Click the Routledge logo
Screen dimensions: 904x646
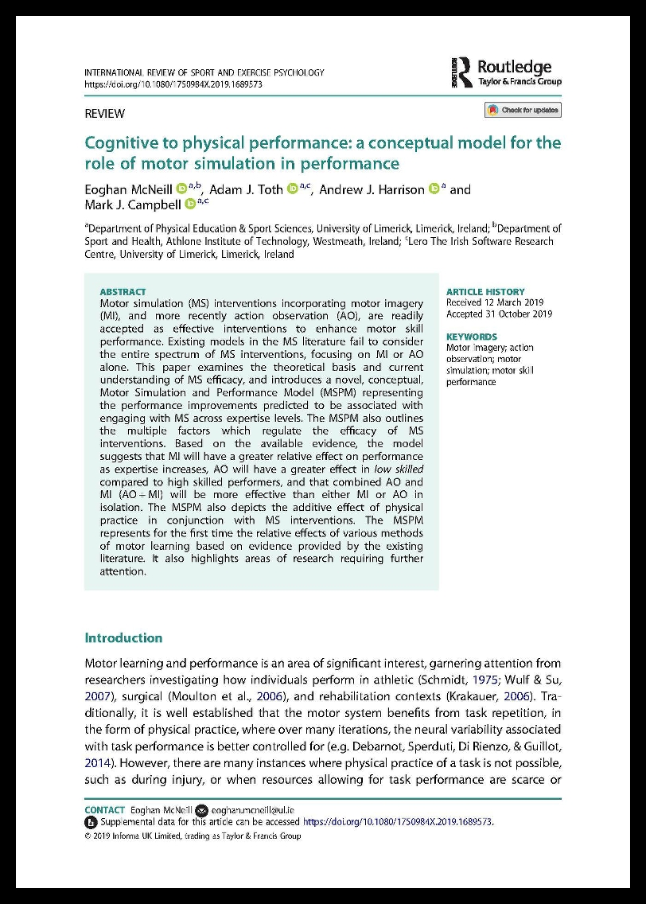coord(506,73)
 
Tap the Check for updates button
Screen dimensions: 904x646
coord(523,110)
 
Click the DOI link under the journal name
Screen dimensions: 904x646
coord(173,84)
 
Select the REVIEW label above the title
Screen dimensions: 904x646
coord(104,113)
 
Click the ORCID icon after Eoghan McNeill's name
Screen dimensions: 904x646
coord(181,189)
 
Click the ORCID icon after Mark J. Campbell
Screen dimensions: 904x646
coord(190,204)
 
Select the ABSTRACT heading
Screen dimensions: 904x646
coord(123,292)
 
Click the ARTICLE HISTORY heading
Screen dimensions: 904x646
coord(485,292)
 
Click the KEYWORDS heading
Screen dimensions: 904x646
coord(472,337)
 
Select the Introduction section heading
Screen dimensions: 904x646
coord(123,637)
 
